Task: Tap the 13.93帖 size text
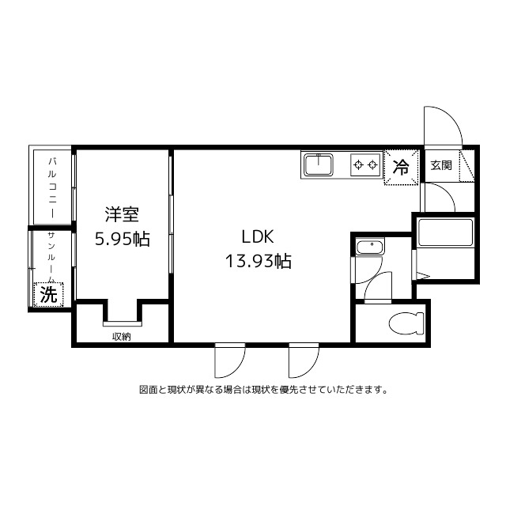point(259,261)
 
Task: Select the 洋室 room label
point(123,214)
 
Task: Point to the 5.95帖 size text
point(123,239)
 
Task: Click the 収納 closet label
point(121,337)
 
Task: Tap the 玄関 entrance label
point(441,165)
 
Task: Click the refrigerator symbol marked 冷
point(402,167)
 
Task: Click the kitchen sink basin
point(319,165)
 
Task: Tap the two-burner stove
point(365,165)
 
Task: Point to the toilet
point(406,323)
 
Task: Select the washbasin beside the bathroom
point(368,248)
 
